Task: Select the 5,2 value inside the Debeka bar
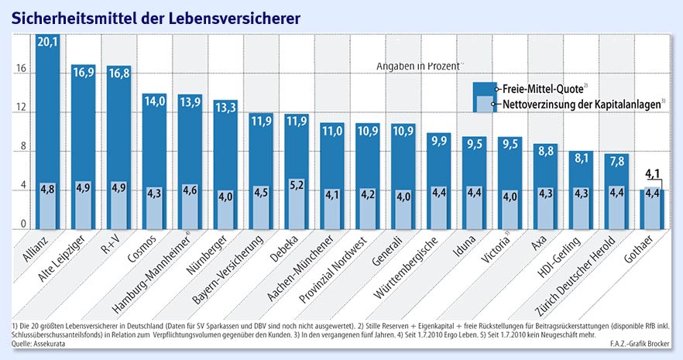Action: (297, 186)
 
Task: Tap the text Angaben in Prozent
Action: (419, 66)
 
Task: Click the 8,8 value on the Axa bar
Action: (546, 150)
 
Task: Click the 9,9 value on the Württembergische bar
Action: (439, 139)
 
